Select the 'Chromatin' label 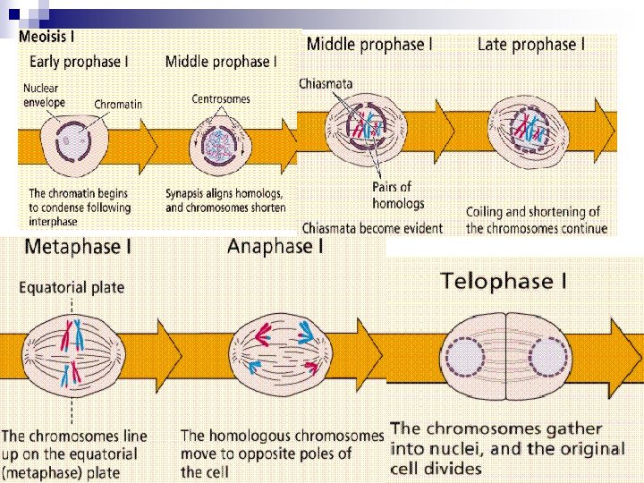(x=118, y=104)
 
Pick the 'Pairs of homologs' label (x=392, y=195)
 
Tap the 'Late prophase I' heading (x=531, y=44)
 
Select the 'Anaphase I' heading (x=275, y=246)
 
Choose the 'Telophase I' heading (x=504, y=282)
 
